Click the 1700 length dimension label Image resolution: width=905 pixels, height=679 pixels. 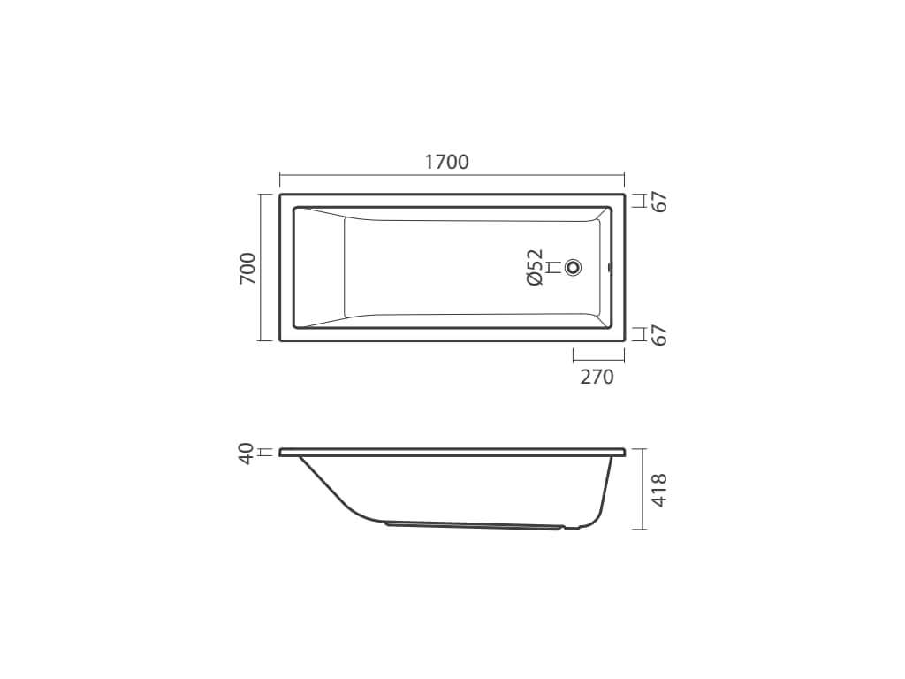(446, 163)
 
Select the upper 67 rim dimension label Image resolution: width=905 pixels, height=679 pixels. (659, 202)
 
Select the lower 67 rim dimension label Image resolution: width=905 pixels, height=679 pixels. (659, 335)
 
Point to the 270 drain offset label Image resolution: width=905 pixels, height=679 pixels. (597, 377)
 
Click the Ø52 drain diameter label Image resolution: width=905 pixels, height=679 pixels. (535, 267)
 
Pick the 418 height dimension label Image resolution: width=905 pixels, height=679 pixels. (659, 490)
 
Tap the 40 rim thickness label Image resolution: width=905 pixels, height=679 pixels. (247, 454)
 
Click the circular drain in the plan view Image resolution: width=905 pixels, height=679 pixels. (573, 267)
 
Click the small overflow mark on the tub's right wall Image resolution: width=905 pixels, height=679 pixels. (610, 267)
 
